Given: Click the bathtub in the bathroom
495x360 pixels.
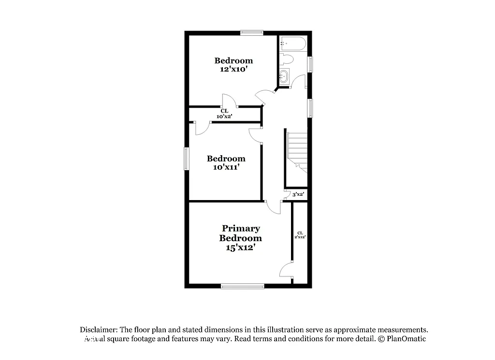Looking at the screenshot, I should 292,45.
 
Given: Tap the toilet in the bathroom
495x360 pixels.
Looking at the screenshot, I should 286,60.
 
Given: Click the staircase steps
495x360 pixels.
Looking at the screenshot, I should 297,150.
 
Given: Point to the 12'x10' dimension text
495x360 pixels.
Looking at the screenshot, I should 233,69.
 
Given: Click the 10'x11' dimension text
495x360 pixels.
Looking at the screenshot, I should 226,167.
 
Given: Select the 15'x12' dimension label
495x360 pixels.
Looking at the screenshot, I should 240,247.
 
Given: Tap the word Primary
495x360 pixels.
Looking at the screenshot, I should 241,228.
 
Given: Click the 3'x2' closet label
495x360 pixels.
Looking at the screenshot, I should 298,194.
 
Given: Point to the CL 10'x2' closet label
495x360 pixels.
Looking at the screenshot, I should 224,114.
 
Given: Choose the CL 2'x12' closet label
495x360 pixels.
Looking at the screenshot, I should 300,235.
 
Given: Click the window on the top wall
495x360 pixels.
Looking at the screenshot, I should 251,33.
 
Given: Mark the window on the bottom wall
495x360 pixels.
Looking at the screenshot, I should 243,286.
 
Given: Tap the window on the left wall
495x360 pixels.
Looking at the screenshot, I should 186,158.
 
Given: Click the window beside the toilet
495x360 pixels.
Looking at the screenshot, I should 310,64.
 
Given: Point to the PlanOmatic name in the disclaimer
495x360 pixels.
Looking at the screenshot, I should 406,339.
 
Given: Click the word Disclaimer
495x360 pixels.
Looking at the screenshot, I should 99,330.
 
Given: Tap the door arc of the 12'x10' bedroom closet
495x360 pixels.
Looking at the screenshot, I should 229,101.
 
